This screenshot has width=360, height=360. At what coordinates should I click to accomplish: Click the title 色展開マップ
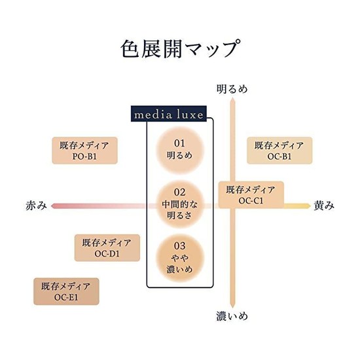point(181,48)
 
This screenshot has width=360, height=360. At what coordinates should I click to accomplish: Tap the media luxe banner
point(169,114)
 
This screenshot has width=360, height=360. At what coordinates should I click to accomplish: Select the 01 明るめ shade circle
point(180,150)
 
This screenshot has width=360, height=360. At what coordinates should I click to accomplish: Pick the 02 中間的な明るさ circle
point(180,204)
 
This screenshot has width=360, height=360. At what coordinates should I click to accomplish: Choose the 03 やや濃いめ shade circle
point(180,258)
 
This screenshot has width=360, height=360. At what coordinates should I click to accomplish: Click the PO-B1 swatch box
point(84,151)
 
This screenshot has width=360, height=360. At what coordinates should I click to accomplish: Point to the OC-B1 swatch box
point(279,151)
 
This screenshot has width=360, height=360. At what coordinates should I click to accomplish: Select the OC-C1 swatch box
point(251,194)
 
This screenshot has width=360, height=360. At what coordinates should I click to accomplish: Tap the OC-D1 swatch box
point(107,247)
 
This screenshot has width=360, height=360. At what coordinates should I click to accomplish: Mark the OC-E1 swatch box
point(66,291)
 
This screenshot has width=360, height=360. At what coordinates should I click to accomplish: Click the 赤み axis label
point(36,206)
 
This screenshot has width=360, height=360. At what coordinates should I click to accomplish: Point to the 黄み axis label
point(324,206)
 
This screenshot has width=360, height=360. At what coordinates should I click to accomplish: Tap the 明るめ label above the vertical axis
point(232,89)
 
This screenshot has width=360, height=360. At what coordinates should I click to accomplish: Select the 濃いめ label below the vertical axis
point(232,316)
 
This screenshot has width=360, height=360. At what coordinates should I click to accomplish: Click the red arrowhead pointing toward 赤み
point(52,206)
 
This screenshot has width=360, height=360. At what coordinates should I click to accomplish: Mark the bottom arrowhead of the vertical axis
point(232,306)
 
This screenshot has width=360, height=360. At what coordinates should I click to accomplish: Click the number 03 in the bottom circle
point(179,246)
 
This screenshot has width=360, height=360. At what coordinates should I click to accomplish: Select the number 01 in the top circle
point(179,143)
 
